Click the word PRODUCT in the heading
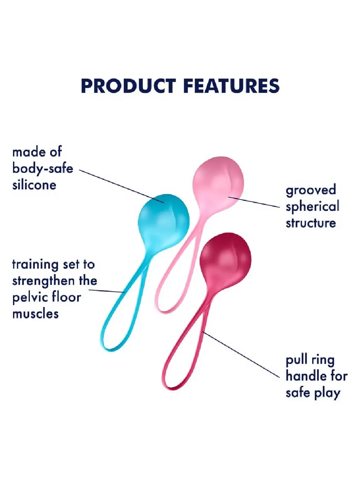point(128,86)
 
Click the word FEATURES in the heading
point(233,86)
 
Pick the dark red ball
point(225,259)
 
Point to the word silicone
point(34,185)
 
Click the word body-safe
point(43,169)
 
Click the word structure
point(311,223)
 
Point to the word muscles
point(36,314)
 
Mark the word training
point(35,265)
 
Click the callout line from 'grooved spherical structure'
point(254,202)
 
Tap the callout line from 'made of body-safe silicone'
point(121,186)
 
